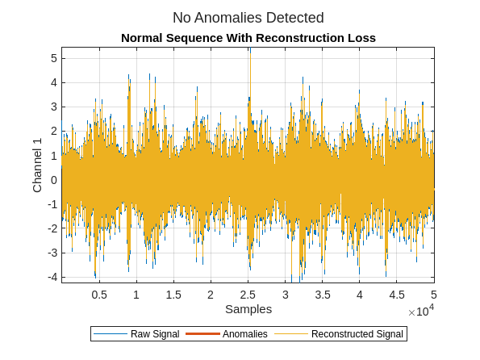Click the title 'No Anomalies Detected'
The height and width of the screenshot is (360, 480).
tap(248, 17)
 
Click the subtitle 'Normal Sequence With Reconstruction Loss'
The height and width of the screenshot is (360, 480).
tap(248, 38)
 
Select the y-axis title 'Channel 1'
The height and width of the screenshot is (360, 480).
tap(37, 165)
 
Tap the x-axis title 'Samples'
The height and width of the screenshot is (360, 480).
tap(248, 309)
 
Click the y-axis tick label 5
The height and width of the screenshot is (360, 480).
tap(53, 58)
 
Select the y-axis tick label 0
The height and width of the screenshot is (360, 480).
tap(53, 180)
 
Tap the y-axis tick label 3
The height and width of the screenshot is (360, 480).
tap(53, 107)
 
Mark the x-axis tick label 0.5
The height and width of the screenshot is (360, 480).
tap(99, 295)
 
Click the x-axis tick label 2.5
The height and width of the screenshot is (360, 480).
tap(248, 295)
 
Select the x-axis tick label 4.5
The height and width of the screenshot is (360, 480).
tap(397, 295)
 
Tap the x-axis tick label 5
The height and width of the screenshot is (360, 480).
tap(434, 295)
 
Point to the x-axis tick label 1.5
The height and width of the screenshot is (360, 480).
tap(173, 295)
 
